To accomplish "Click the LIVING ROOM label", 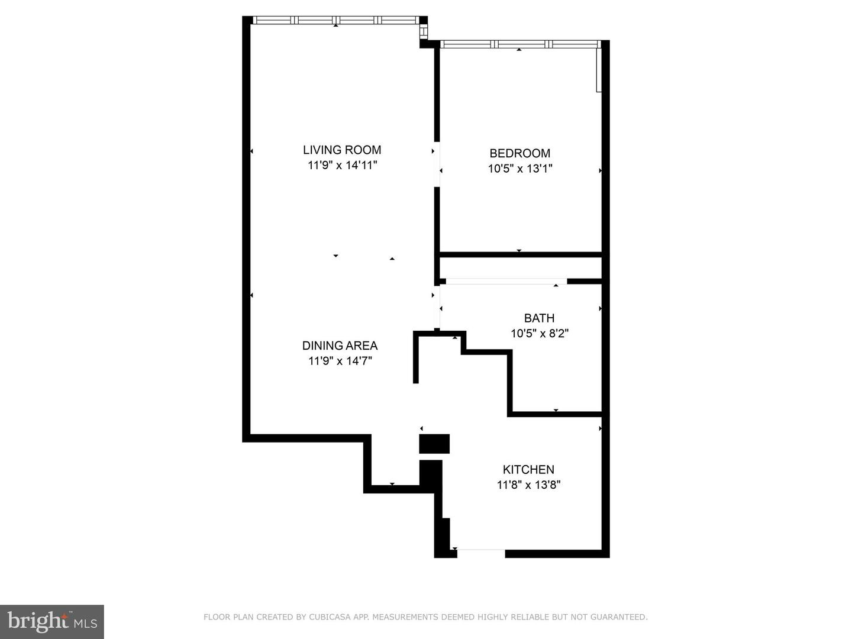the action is tap(342, 150).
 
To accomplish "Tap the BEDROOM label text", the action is tap(519, 153).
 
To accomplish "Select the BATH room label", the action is tap(539, 318).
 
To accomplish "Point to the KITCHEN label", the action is tap(528, 469).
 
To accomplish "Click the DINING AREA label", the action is tap(340, 346).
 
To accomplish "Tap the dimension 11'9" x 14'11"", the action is tap(343, 165).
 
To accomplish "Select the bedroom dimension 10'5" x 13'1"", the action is tap(520, 169).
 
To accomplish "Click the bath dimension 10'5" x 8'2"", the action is tap(540, 333).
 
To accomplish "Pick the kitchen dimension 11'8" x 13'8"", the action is tap(529, 485).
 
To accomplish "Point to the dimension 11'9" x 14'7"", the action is tap(340, 361).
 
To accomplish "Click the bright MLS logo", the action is tap(52, 622).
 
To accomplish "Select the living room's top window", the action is tap(336, 20).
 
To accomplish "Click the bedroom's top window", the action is tap(519, 44).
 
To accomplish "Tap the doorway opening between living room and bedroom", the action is tap(437, 164).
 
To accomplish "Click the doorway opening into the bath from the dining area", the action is tap(437, 307).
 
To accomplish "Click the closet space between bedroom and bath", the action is tap(520, 268).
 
